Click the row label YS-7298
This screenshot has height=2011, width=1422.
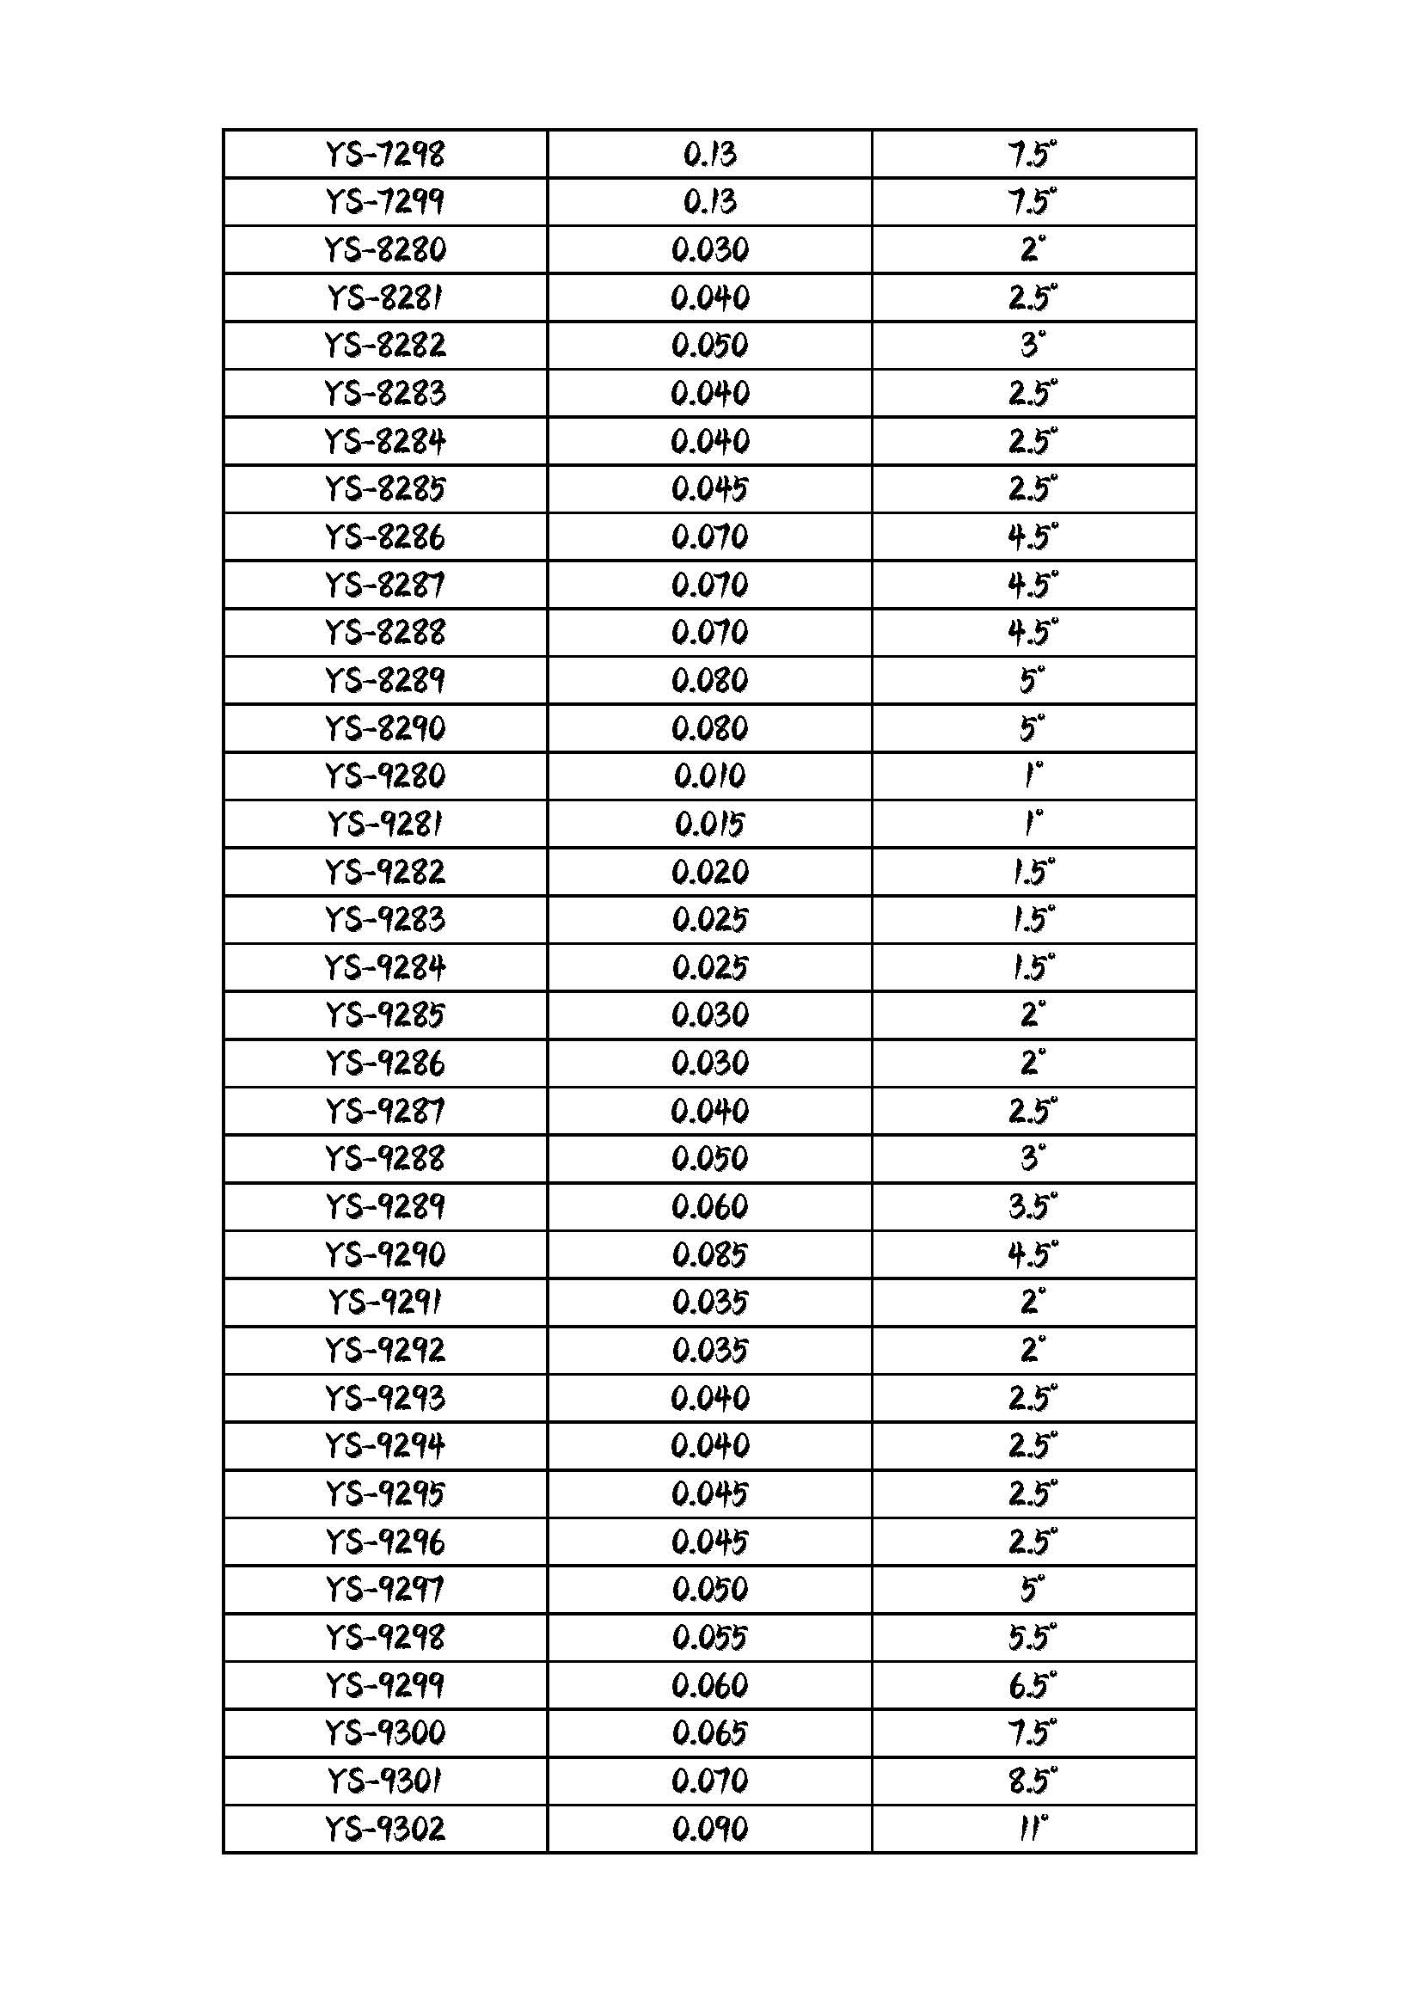coord(385,155)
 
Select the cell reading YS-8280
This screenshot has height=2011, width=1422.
coord(385,250)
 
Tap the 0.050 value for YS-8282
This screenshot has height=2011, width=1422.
coord(710,346)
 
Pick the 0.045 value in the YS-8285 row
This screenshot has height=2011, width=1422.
coord(710,489)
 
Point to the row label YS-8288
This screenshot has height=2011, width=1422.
coord(385,633)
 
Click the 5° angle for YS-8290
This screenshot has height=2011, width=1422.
coord(1033,729)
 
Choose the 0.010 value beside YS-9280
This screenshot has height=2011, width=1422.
coord(710,776)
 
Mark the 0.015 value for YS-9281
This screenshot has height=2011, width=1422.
coord(710,825)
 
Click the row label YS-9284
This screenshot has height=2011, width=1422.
coord(385,968)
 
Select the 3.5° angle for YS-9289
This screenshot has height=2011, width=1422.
coord(1033,1207)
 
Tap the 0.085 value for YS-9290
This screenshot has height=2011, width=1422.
coord(710,1255)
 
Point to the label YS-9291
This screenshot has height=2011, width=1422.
coord(385,1303)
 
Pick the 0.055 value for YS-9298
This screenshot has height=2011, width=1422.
coord(710,1638)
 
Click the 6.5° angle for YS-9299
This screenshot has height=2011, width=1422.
coord(1033,1686)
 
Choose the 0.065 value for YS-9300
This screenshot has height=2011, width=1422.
coord(710,1733)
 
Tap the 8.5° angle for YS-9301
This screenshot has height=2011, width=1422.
coord(1033,1781)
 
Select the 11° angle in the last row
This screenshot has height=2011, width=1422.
coord(1033,1829)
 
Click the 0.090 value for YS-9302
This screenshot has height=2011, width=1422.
coord(710,1829)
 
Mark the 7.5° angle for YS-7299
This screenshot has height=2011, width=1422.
coord(1033,202)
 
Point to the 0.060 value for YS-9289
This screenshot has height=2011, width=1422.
coord(710,1207)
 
